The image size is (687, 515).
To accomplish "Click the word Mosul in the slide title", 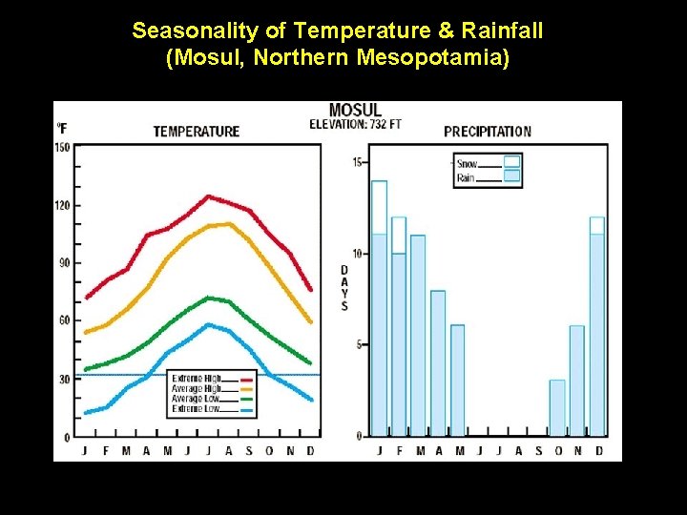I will [x=198, y=58].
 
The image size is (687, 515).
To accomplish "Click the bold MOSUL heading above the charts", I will [x=355, y=111].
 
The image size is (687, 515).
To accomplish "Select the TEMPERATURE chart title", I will [x=197, y=131].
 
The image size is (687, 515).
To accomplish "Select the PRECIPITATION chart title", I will [x=488, y=131].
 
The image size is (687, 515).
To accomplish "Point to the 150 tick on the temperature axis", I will [x=62, y=147].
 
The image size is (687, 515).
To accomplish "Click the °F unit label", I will [x=62, y=128].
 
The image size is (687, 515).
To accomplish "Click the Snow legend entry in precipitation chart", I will [x=467, y=164].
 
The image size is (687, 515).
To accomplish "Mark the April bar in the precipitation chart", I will [x=438, y=363].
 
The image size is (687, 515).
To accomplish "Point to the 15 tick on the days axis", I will [x=357, y=162].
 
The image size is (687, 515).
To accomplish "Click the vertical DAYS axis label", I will [x=344, y=288].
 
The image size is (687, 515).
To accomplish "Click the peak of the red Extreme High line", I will [x=207, y=196].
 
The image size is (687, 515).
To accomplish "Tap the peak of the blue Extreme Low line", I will [x=209, y=325].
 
